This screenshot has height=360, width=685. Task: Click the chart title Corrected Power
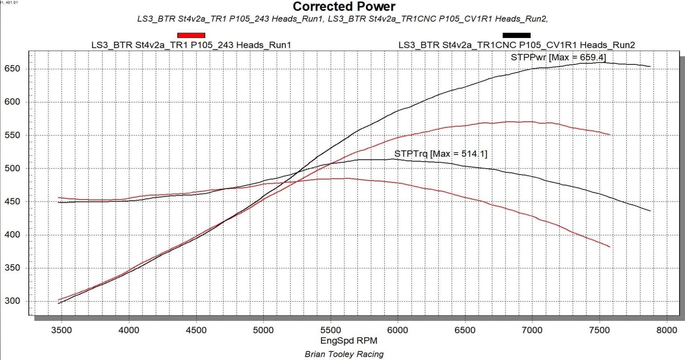pyautogui.click(x=344, y=6)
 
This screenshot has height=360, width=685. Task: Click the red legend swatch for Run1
pyautogui.click(x=191, y=35)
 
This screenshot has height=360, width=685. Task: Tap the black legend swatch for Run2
pyautogui.click(x=516, y=35)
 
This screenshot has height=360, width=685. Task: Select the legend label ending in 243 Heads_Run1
pyautogui.click(x=191, y=45)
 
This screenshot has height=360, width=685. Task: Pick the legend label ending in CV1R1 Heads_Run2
pyautogui.click(x=517, y=45)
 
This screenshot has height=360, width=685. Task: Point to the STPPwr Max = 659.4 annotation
pyautogui.click(x=558, y=57)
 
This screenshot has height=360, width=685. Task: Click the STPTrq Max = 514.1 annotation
pyautogui.click(x=441, y=154)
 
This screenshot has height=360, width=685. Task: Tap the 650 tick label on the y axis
pyautogui.click(x=12, y=69)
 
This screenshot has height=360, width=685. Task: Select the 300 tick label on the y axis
pyautogui.click(x=12, y=301)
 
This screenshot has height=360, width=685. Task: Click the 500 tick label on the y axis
pyautogui.click(x=12, y=168)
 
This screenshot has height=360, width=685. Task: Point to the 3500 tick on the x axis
pyautogui.click(x=62, y=330)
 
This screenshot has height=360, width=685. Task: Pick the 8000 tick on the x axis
pyautogui.click(x=667, y=330)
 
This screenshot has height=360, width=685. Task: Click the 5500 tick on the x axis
pyautogui.click(x=330, y=330)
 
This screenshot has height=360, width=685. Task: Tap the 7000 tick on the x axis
pyautogui.click(x=532, y=330)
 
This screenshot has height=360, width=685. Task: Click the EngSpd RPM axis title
pyautogui.click(x=349, y=341)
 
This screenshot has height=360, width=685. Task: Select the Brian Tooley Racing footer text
pyautogui.click(x=344, y=354)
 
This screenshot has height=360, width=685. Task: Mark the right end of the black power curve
pyautogui.click(x=650, y=66)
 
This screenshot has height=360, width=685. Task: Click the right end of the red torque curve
pyautogui.click(x=609, y=246)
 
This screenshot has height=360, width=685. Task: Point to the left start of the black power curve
pyautogui.click(x=59, y=303)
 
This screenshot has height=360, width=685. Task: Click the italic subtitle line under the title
pyautogui.click(x=342, y=19)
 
